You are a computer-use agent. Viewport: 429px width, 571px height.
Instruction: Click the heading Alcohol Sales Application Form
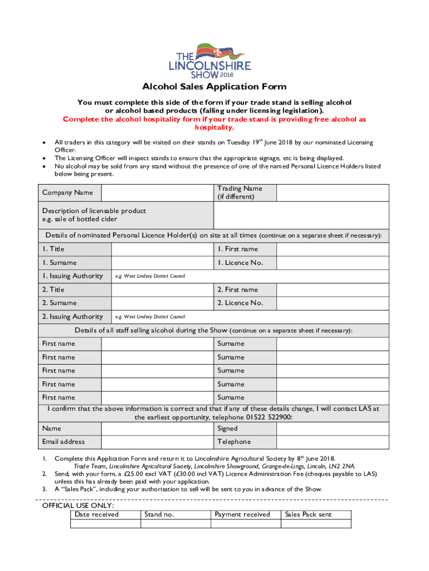(x=214, y=87)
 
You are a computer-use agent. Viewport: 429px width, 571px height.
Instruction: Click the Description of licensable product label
(x=94, y=215)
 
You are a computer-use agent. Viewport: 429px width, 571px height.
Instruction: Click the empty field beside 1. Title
(x=162, y=249)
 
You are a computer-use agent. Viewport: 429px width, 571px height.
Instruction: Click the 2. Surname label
(x=60, y=303)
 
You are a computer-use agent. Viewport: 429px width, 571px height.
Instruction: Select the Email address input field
(x=157, y=442)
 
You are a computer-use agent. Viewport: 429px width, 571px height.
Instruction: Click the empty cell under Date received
(x=106, y=524)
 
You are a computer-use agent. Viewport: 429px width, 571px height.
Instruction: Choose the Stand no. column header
(x=159, y=515)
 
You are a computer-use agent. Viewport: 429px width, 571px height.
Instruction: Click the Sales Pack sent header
(x=308, y=515)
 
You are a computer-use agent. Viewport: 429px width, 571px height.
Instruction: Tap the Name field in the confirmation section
(x=157, y=429)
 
